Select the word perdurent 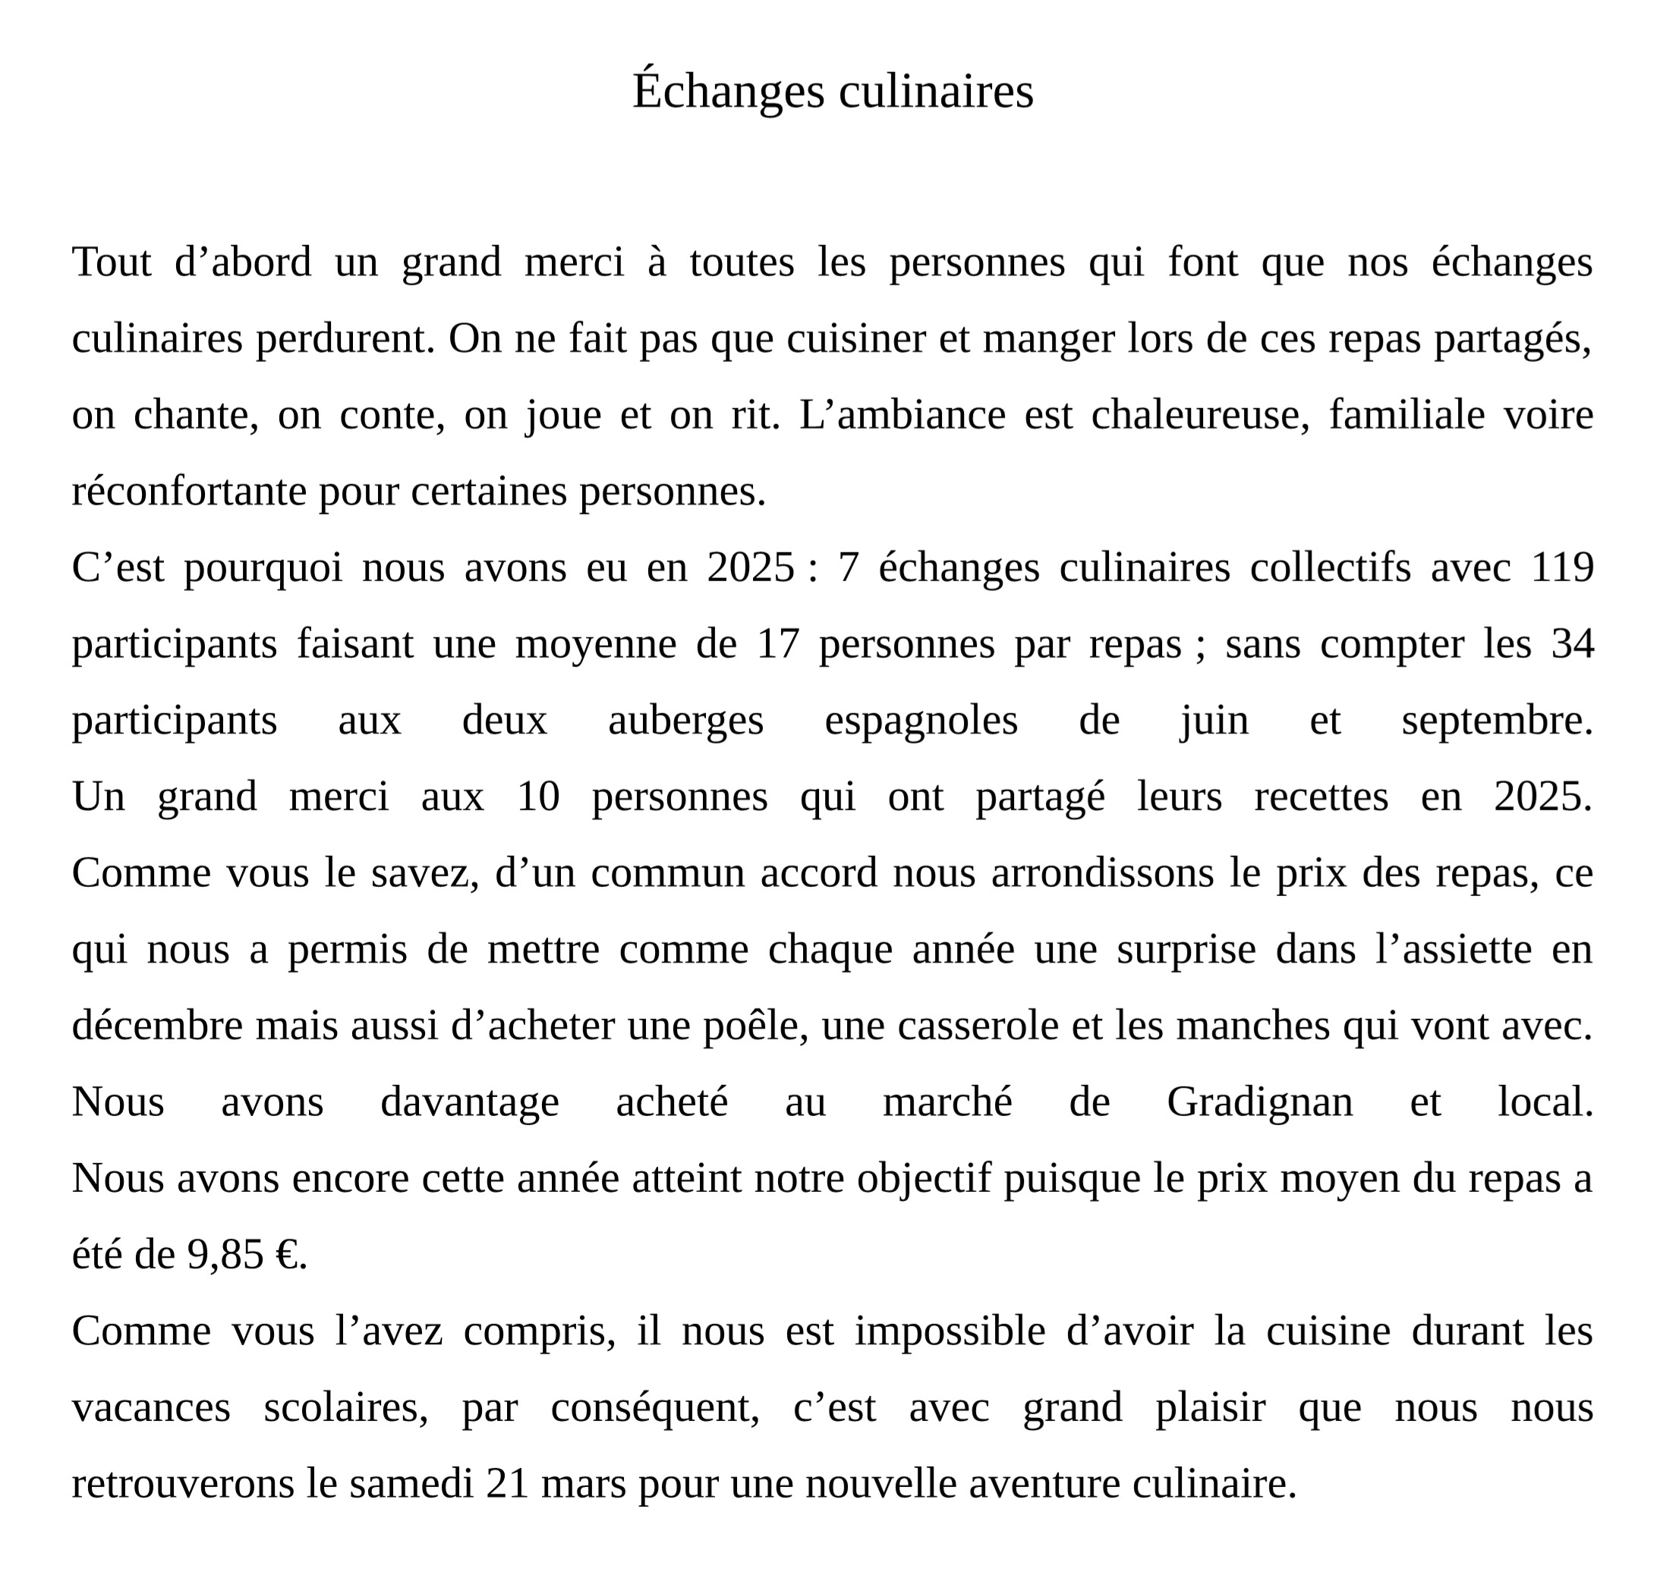click(x=345, y=339)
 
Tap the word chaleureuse click(x=1200, y=416)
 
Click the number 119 click(x=1562, y=568)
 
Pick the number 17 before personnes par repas click(x=777, y=644)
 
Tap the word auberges click(x=686, y=721)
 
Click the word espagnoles click(x=921, y=721)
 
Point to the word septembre click(x=1497, y=721)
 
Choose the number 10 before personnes click(x=537, y=797)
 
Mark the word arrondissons click(x=1102, y=873)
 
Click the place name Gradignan click(x=1259, y=1102)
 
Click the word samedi click(x=411, y=1484)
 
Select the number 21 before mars click(x=507, y=1484)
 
